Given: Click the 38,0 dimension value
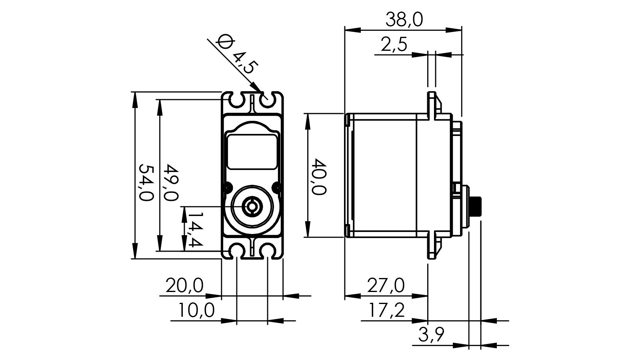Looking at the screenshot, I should pyautogui.click(x=404, y=20).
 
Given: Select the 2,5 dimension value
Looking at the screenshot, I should pyautogui.click(x=394, y=44).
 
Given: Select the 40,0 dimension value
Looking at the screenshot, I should pyautogui.click(x=319, y=176).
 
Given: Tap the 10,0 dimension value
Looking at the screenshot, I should pyautogui.click(x=196, y=310).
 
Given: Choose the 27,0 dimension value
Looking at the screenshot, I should pyautogui.click(x=386, y=286).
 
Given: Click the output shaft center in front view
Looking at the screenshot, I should pyautogui.click(x=252, y=206).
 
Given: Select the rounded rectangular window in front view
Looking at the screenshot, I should pyautogui.click(x=252, y=151).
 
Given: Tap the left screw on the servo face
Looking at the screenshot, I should pyautogui.click(x=228, y=186).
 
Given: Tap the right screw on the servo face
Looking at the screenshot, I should pyautogui.click(x=275, y=186).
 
